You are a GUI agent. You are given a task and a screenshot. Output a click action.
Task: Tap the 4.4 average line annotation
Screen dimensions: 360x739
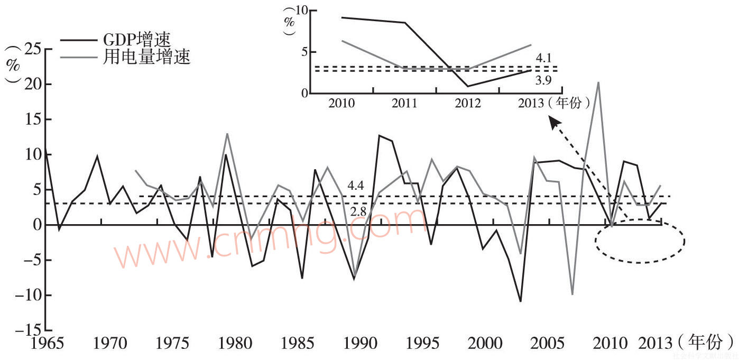coord(356,186)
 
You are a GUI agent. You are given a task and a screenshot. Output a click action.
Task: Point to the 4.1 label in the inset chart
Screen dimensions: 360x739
coord(544,58)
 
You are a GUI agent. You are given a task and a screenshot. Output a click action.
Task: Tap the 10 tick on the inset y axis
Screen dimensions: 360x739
coord(301,11)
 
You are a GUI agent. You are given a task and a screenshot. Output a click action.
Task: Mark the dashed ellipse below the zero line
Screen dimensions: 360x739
coord(640,242)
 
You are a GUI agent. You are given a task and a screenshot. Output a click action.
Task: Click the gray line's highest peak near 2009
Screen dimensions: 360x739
coord(598,82)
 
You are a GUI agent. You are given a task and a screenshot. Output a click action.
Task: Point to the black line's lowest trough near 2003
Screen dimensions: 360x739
coord(521,301)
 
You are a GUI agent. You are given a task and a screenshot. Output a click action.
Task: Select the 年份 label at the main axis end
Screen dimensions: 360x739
coord(705,342)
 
